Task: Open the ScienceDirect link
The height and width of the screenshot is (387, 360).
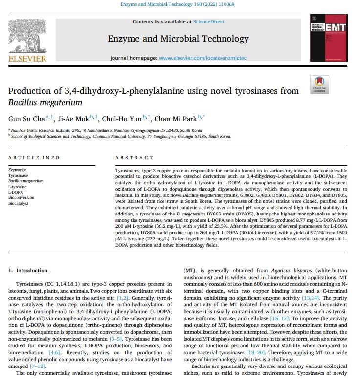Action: [209, 22]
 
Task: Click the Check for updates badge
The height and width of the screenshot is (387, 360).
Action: [319, 85]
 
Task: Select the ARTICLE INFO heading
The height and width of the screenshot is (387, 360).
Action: [34, 158]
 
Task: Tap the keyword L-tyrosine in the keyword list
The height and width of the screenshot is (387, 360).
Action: [18, 186]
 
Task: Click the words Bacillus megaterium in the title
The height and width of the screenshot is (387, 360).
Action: [45, 102]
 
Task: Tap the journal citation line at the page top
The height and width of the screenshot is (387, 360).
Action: [180, 5]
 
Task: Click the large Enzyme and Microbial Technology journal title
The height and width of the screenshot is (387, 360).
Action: [178, 39]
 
